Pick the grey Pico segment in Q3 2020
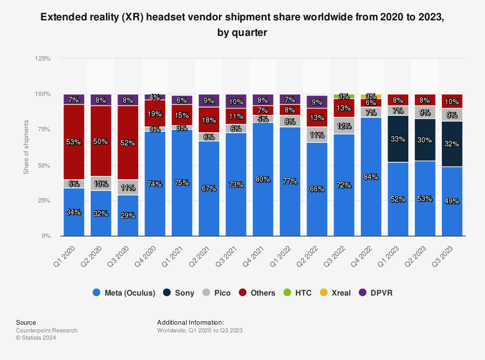[128, 187]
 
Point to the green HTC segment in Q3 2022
[344, 95]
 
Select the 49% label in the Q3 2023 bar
[452, 202]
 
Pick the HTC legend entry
[297, 293]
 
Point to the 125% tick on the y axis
[43, 58]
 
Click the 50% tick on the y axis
[44, 165]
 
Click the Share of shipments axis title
[26, 147]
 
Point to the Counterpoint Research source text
[47, 330]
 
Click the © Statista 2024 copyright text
[36, 338]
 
